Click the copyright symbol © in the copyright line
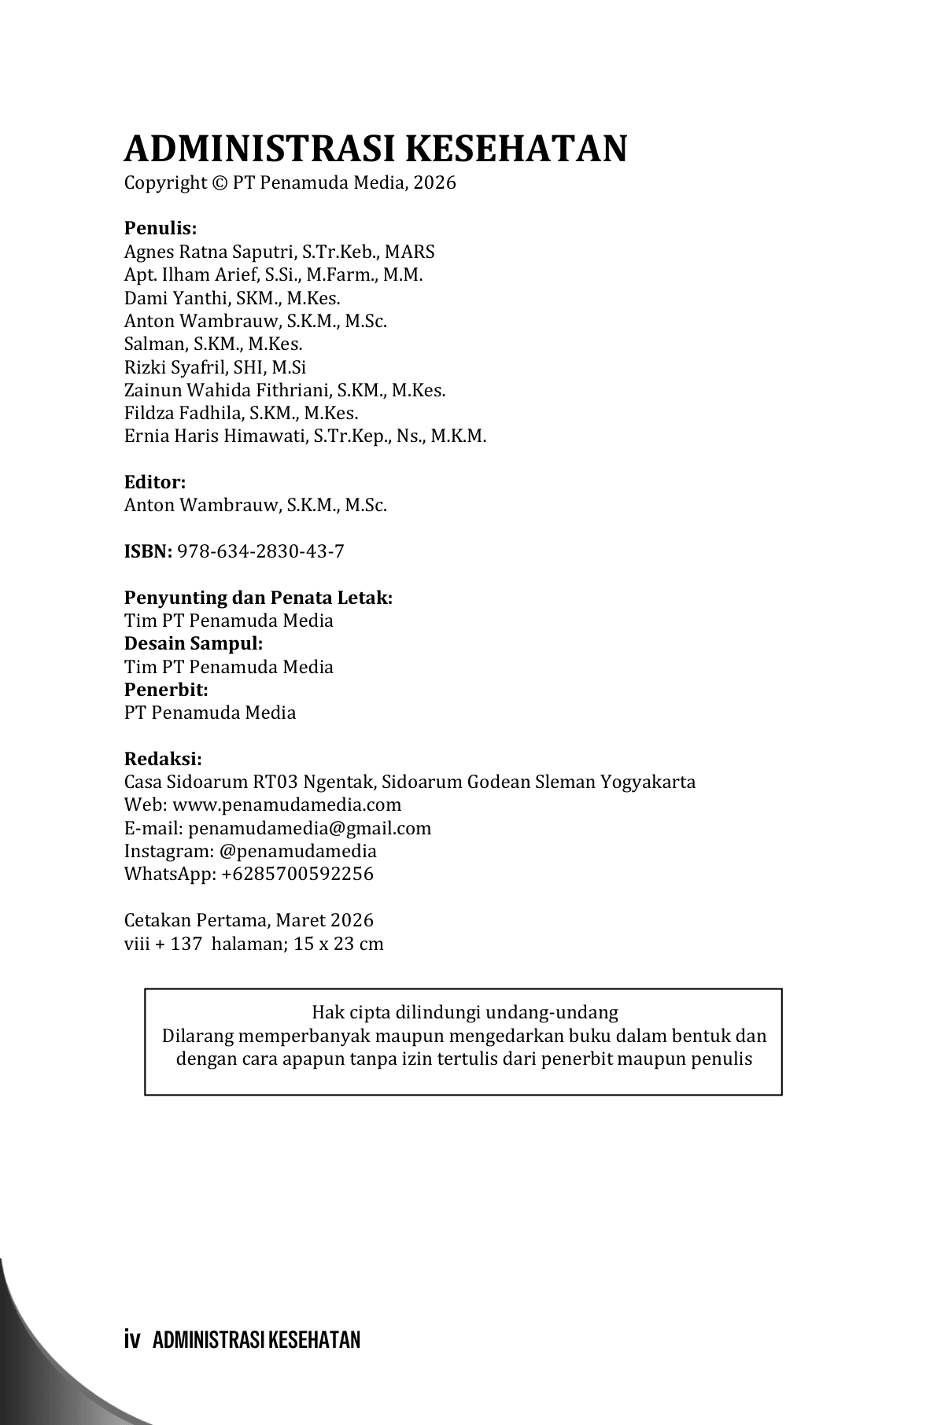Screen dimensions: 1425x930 [x=220, y=183]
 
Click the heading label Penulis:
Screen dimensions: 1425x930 [x=161, y=229]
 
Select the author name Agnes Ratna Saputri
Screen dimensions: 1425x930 [x=210, y=252]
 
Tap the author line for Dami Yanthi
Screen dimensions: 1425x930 [x=232, y=298]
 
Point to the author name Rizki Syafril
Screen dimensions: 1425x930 [x=174, y=367]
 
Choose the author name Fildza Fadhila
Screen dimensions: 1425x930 [x=183, y=413]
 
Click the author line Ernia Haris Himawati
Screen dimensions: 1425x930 [x=305, y=436]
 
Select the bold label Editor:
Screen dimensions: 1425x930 [x=155, y=482]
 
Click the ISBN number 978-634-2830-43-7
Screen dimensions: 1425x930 [x=261, y=551]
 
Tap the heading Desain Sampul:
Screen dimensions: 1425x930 [x=194, y=643]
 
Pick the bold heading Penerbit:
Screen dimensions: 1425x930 [x=166, y=690]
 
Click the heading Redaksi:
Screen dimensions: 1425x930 [x=163, y=759]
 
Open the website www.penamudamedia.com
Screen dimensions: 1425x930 [x=286, y=805]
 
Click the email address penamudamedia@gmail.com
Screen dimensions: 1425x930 [x=309, y=828]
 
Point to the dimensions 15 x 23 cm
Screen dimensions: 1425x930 [x=338, y=944]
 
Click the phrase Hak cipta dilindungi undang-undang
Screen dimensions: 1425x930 [x=464, y=1012]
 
